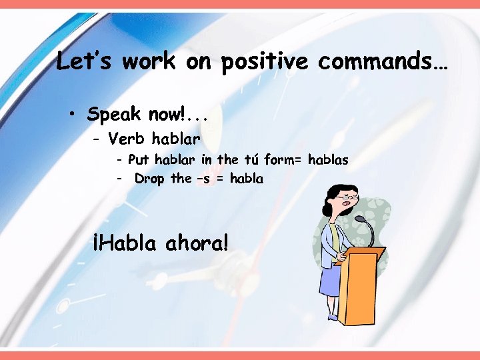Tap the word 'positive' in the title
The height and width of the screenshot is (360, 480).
[264, 63]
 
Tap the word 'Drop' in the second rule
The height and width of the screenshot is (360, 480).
[150, 179]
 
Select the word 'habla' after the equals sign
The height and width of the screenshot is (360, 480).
[245, 179]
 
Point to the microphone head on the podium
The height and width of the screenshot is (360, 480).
[360, 219]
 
